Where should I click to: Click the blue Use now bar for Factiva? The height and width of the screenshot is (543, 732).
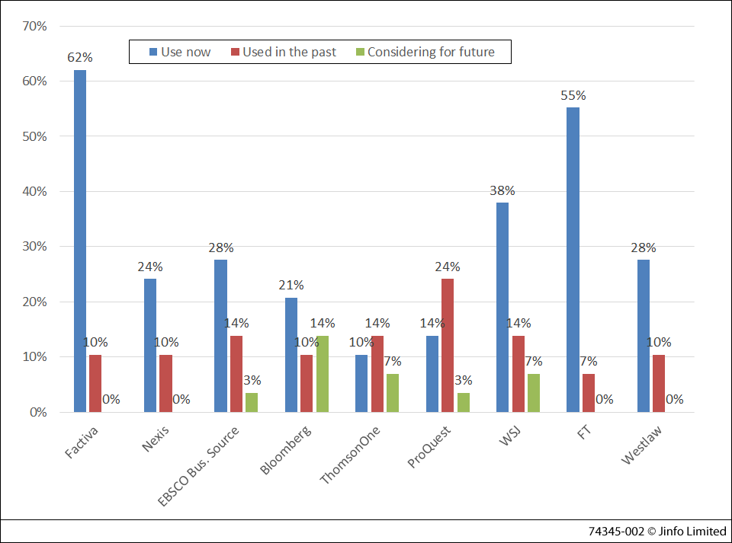80,241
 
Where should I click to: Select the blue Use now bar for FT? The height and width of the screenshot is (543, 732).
573,259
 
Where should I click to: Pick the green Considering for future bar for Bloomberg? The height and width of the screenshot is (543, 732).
323,374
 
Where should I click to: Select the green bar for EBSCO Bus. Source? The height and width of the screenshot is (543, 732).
252,402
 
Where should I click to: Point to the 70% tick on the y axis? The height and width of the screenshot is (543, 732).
35,26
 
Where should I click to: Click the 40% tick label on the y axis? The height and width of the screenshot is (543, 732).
35,191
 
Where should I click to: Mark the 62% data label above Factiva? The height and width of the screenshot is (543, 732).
80,57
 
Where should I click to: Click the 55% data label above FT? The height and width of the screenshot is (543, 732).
573,95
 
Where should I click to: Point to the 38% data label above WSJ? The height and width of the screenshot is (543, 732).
502,190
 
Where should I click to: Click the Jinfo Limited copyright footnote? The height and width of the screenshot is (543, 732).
657,531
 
